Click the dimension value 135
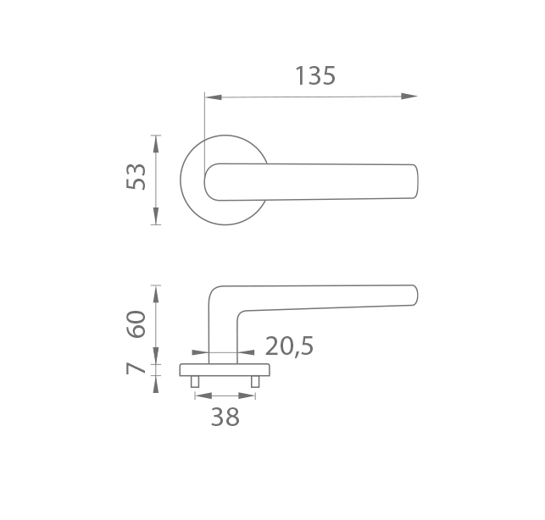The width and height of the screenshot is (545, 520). [x=315, y=75]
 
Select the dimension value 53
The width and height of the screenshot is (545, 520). [x=136, y=176]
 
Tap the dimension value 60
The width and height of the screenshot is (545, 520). [x=136, y=324]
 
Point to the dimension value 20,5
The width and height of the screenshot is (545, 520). [x=289, y=346]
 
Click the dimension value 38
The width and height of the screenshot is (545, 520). [x=225, y=417]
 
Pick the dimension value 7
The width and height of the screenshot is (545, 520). [x=136, y=368]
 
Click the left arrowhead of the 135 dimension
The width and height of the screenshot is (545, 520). [x=214, y=97]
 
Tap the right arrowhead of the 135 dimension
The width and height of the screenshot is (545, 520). [x=409, y=97]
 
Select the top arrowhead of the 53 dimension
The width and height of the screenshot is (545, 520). [x=156, y=143]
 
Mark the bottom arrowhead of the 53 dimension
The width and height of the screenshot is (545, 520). [x=156, y=216]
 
